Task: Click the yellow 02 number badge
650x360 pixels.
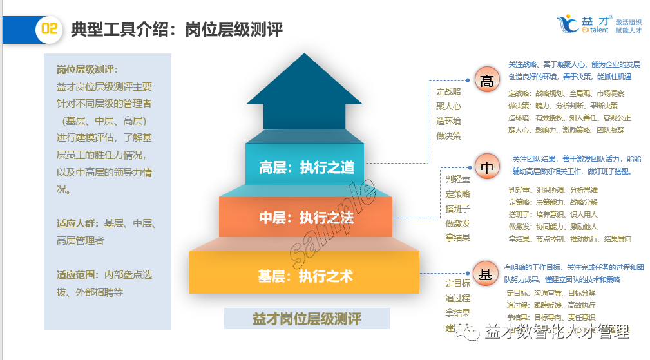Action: pyautogui.click(x=49, y=30)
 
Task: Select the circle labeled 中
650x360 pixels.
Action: pyautogui.click(x=487, y=167)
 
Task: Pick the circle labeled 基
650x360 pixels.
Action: pyautogui.click(x=486, y=274)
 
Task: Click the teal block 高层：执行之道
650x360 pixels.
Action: pyautogui.click(x=307, y=167)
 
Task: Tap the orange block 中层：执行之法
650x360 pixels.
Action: pyautogui.click(x=306, y=218)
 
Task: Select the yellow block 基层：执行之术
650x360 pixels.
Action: pyautogui.click(x=305, y=276)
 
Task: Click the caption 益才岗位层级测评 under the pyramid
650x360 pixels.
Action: pyautogui.click(x=307, y=318)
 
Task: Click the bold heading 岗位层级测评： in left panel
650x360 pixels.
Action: pyautogui.click(x=87, y=70)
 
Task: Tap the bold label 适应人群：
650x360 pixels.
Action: pyautogui.click(x=76, y=223)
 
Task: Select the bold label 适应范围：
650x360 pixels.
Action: pyautogui.click(x=76, y=275)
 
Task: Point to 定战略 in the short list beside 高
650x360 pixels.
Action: pyautogui.click(x=448, y=91)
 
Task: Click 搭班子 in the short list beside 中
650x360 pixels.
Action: pyautogui.click(x=457, y=209)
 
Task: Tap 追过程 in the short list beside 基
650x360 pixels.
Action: pyautogui.click(x=457, y=298)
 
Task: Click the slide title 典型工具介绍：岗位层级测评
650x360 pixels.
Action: pyautogui.click(x=177, y=30)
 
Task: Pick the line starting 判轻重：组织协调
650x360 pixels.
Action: pyautogui.click(x=553, y=190)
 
